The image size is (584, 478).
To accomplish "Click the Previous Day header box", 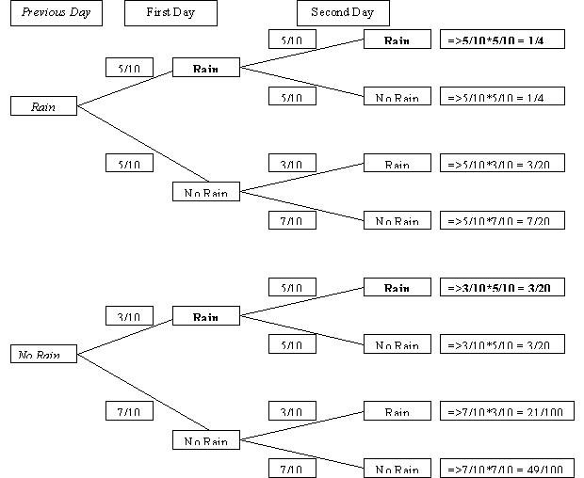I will (x=56, y=13).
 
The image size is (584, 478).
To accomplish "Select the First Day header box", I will (x=170, y=13).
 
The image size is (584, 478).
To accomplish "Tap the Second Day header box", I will (x=343, y=13).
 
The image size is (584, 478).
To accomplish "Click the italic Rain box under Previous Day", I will (x=43, y=106).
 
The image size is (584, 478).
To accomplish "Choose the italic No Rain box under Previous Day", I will (x=43, y=355).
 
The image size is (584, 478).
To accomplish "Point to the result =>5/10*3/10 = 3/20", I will (x=502, y=164).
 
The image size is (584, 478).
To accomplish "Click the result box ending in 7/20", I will (x=502, y=221).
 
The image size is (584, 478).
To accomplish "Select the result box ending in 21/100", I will (x=507, y=412).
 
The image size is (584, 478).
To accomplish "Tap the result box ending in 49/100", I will (x=507, y=469).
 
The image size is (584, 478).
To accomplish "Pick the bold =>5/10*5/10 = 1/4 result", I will (x=502, y=40).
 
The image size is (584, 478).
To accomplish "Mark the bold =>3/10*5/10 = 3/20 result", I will (x=502, y=288).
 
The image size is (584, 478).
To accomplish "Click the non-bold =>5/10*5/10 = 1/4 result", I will (x=502, y=97).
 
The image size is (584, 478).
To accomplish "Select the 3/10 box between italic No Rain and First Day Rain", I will (x=129, y=316).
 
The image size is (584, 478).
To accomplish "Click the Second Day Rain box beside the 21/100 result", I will (x=397, y=412).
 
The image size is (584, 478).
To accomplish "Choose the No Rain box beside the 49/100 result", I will (x=397, y=469).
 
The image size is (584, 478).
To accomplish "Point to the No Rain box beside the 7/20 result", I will (x=397, y=221).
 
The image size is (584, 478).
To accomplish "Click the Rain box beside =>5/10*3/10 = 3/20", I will (x=397, y=164).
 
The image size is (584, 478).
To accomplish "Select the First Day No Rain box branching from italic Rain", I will (x=206, y=193).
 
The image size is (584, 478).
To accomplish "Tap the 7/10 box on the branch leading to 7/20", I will (x=292, y=220).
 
